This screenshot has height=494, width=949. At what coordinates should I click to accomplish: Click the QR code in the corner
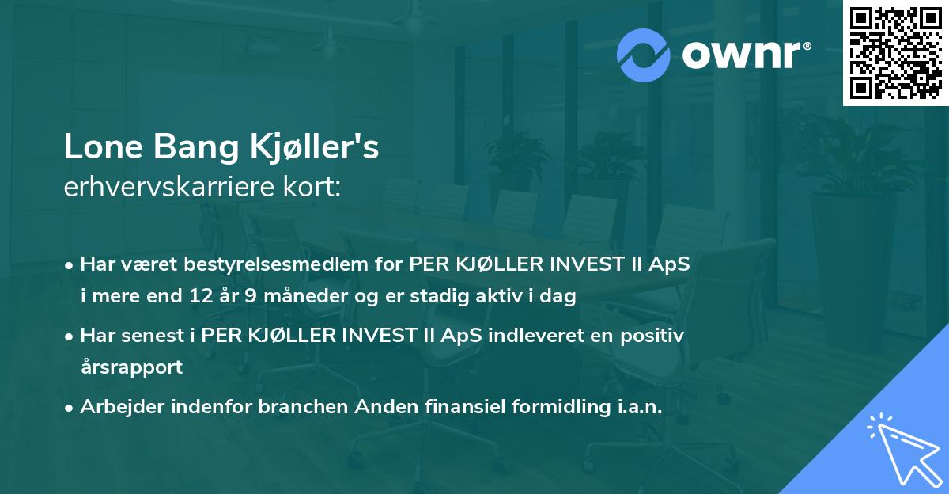(895, 53)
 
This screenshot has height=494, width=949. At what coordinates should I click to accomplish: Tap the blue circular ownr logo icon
(645, 54)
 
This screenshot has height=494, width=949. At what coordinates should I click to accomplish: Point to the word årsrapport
(131, 367)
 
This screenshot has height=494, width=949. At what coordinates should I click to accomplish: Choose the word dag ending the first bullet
(560, 297)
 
